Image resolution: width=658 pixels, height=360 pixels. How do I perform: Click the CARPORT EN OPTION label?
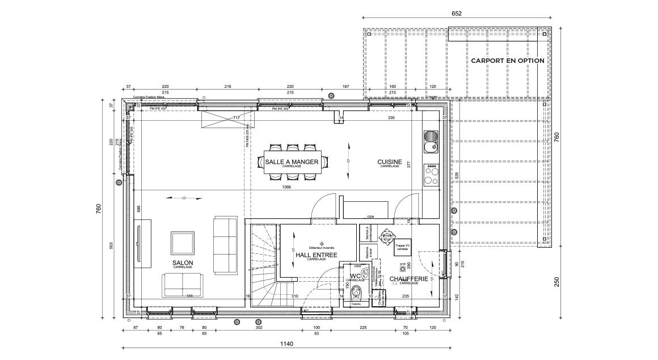pos(507,61)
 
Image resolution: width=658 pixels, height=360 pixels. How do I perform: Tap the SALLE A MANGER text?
pos(292,162)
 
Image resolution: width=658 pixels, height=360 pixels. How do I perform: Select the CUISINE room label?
pos(390,162)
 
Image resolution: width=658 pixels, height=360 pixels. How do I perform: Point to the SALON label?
pos(183,263)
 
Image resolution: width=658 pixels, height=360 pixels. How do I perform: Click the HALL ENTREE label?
pos(316,256)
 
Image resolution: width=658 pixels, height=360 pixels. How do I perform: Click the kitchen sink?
pos(431,142)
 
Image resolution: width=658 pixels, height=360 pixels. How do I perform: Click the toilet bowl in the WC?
pos(356,291)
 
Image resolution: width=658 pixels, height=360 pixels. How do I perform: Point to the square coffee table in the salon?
pos(183,243)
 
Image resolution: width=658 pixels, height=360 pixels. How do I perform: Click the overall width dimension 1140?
pos(286,344)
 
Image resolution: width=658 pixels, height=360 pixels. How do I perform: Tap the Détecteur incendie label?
pos(322,248)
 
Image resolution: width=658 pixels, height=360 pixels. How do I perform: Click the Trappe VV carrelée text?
pos(402,247)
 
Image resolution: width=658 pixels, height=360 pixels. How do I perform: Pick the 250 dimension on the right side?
pos(556,282)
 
